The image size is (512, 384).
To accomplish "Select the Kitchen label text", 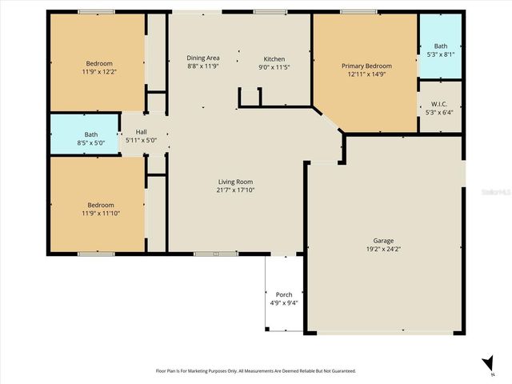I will click(274, 59).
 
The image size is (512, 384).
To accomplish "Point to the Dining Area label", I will click(203, 58).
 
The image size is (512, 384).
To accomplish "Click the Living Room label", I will click(234, 182).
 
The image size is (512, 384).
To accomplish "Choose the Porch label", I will click(283, 294).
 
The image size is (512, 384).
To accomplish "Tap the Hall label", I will click(141, 132).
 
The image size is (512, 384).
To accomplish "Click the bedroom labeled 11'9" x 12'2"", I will click(99, 68).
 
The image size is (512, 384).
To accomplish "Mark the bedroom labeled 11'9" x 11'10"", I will click(100, 209).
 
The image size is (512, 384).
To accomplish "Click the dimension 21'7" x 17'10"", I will click(234, 190).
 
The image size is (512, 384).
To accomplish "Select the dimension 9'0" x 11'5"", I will click(274, 68).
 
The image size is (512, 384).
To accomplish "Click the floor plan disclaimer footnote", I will click(255, 371).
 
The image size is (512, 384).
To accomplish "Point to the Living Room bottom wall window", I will click(215, 254).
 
